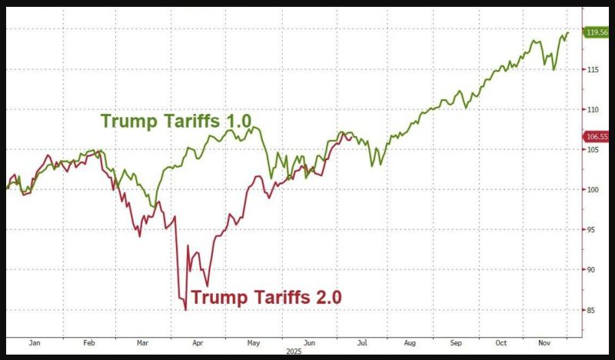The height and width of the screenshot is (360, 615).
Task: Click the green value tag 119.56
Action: (x=597, y=32)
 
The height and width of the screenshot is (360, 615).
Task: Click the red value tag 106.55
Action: (x=597, y=136)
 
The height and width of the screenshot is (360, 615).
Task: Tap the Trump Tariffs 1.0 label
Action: (x=178, y=121)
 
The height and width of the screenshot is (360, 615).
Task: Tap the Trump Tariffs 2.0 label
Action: (x=266, y=296)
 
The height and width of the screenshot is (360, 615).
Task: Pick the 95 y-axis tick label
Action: (x=591, y=230)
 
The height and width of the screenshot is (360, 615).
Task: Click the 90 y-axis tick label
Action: (x=591, y=270)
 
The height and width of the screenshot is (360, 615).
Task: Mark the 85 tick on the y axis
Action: (x=591, y=310)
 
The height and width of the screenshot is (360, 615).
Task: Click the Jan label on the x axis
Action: (x=35, y=343)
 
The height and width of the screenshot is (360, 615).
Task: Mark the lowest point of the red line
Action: (x=185, y=310)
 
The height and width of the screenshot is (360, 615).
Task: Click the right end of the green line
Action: (x=569, y=32)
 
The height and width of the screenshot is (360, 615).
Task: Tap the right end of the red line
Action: (x=353, y=135)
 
